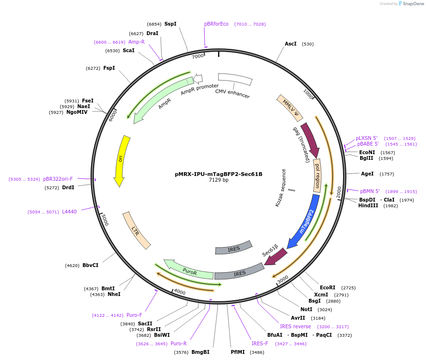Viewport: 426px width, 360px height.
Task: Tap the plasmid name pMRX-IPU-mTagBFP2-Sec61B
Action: coord(218,174)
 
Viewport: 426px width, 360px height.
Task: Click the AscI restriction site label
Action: coord(290,44)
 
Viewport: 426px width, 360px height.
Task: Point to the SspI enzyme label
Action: coord(170,24)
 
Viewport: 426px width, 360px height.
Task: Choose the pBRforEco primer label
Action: coord(216,24)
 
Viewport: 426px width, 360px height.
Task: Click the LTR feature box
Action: coord(136,230)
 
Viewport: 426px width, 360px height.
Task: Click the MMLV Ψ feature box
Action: coord(290,107)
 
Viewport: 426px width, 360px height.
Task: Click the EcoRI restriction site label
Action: coord(327,287)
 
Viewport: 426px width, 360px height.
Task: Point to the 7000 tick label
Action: coord(198,56)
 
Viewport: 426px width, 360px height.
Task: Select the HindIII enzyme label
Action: coord(368,205)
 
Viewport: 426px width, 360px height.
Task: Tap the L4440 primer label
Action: coord(69,212)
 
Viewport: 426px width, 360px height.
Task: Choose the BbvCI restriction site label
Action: coord(90,265)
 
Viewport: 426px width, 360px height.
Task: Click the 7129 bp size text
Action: coord(218,180)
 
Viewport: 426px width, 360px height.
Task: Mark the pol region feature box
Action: coord(317,175)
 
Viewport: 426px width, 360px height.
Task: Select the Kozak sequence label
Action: coord(281,188)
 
